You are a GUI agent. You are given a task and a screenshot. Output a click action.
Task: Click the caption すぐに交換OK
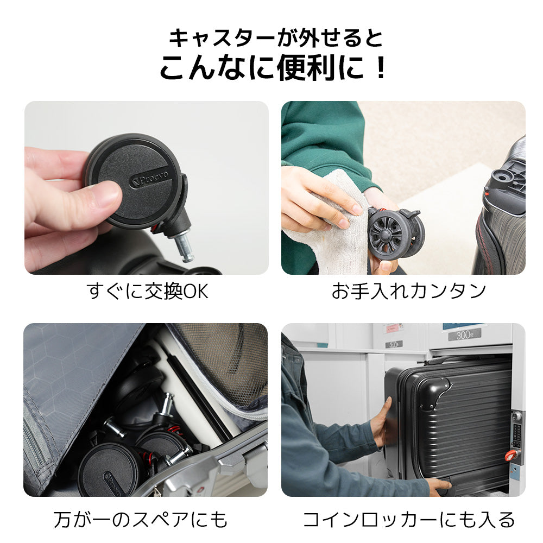click(147, 292)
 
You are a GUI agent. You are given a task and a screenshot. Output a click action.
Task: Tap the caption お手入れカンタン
click(408, 292)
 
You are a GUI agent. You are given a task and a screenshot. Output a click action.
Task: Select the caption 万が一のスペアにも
click(140, 519)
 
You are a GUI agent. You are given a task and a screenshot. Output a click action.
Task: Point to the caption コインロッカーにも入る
click(408, 519)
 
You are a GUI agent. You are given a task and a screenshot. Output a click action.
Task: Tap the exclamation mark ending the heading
click(380, 69)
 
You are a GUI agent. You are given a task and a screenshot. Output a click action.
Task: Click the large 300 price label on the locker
click(464, 335)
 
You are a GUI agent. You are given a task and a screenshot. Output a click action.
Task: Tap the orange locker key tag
click(511, 454)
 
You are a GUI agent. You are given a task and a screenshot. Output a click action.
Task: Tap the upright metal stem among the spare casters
click(166, 405)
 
